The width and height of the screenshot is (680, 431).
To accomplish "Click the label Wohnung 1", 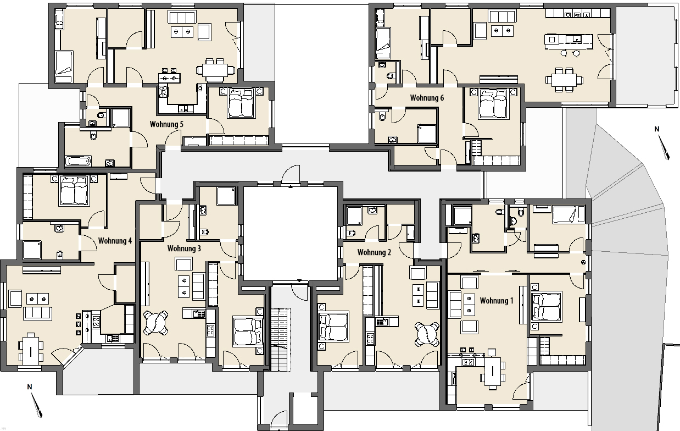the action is pyautogui.click(x=497, y=301).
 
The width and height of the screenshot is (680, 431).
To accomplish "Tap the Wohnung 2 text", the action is pyautogui.click(x=374, y=252).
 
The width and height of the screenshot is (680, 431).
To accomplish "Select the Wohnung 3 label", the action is pyautogui.click(x=184, y=248).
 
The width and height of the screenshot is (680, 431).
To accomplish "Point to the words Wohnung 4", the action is pyautogui.click(x=115, y=241).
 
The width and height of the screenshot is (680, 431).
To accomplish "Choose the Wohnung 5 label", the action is pyautogui.click(x=166, y=124).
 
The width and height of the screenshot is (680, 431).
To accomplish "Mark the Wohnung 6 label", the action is pyautogui.click(x=427, y=98).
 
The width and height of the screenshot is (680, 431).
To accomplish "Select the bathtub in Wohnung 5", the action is pyautogui.click(x=78, y=161).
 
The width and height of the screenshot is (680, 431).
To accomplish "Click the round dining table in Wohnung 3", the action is pyautogui.click(x=155, y=323).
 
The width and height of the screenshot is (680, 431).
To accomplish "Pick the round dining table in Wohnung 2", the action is pyautogui.click(x=427, y=334).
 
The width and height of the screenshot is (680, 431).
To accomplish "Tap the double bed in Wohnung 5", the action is pyautogui.click(x=241, y=103).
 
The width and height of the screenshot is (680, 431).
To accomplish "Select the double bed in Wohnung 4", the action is pyautogui.click(x=74, y=191).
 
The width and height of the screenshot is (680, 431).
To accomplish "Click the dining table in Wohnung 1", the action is pyautogui.click(x=492, y=372).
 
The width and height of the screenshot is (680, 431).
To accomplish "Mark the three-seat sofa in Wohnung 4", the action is pyautogui.click(x=38, y=313).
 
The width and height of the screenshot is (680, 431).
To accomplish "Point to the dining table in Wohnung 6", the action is pyautogui.click(x=564, y=80).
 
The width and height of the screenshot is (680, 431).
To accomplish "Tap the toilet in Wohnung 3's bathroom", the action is pyautogui.click(x=205, y=233).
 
